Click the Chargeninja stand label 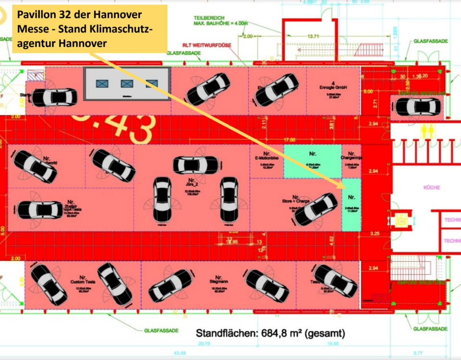(x=351, y=157)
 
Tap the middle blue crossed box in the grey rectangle (x=127, y=84)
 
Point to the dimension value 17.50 (x=289, y=140)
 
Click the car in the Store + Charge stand (x=315, y=210)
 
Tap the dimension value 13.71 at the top (x=313, y=36)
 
